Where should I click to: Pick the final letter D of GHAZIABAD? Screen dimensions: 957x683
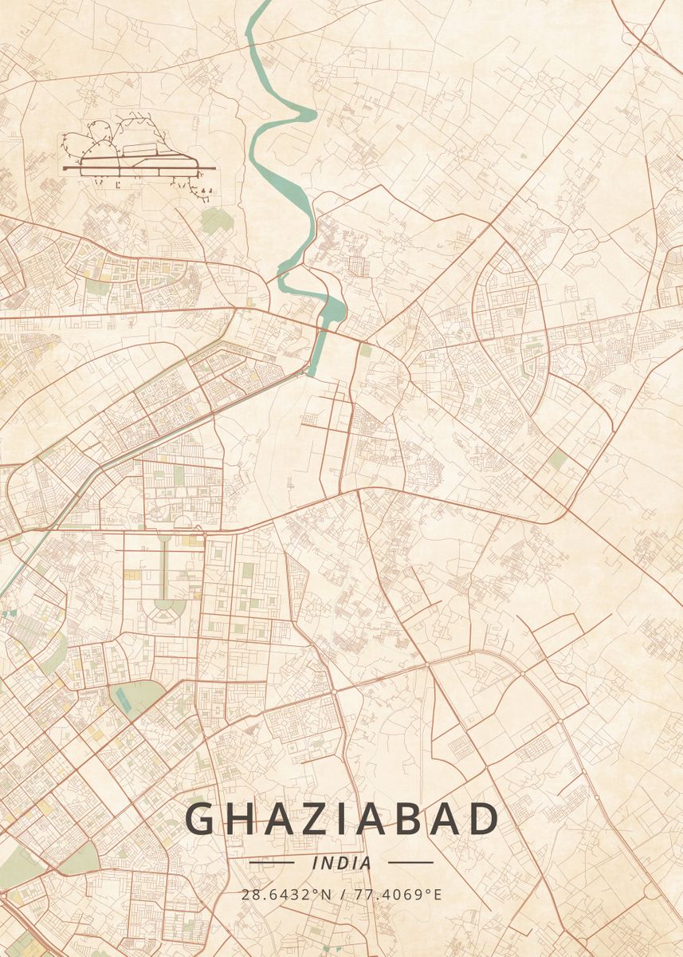point(483,819)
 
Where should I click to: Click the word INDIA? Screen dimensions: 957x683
point(342,863)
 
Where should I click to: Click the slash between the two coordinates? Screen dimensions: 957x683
point(342,894)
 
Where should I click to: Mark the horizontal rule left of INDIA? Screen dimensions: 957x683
point(272,862)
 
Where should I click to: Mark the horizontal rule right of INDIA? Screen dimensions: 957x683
point(410,862)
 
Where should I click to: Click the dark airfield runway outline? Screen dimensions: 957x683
point(139,168)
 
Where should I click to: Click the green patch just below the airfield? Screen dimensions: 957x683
point(216,219)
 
